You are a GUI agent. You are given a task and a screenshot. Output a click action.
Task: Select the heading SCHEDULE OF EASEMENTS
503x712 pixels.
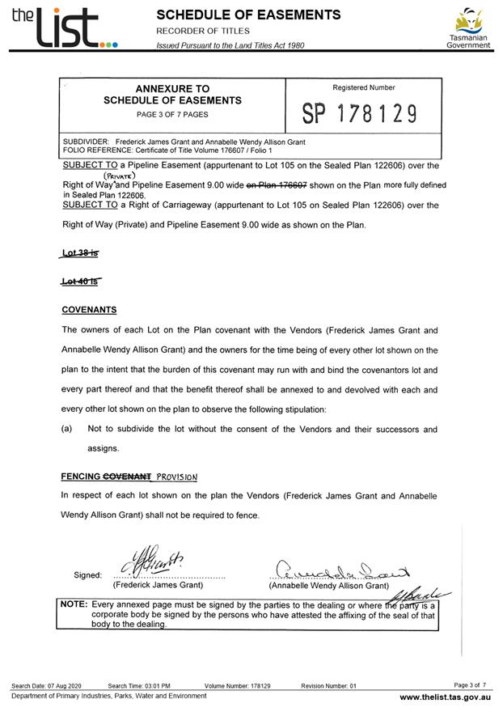tap(248, 15)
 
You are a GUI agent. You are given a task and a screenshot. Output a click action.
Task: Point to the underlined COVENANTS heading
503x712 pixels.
tap(89, 310)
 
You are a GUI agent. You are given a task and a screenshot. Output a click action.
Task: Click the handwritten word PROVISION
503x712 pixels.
tap(177, 477)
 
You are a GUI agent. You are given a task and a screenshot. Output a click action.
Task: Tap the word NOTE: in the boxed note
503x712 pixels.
tap(74, 604)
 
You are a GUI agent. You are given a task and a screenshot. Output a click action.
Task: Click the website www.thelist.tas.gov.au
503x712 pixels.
tap(446, 697)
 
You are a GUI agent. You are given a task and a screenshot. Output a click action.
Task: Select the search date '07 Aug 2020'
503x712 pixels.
tap(69, 685)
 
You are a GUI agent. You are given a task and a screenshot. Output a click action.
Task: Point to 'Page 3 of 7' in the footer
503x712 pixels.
tap(471, 684)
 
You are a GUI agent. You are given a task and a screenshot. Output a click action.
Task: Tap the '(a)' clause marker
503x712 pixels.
tap(67, 429)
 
